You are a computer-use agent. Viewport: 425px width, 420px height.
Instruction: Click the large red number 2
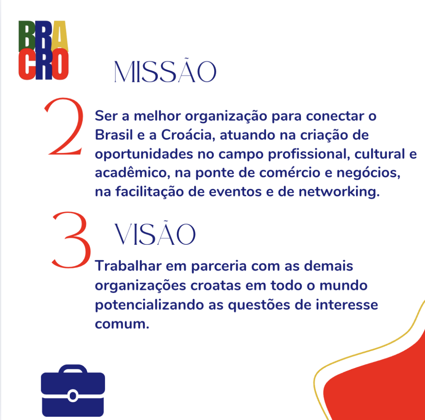click(x=64, y=126)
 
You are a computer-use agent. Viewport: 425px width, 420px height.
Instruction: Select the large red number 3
click(x=71, y=240)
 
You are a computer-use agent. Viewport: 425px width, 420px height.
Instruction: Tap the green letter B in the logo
click(x=27, y=36)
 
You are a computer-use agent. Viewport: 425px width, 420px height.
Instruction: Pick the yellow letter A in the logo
click(x=59, y=36)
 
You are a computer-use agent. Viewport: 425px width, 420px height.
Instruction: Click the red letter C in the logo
click(x=27, y=64)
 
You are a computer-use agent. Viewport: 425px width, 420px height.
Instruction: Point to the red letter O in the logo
click(x=60, y=64)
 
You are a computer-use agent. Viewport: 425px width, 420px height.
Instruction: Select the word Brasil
click(x=114, y=135)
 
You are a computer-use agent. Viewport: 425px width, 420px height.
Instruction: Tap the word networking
click(x=339, y=192)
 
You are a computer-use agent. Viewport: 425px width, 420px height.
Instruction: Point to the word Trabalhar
click(x=128, y=266)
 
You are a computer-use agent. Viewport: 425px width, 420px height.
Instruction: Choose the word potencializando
click(x=149, y=305)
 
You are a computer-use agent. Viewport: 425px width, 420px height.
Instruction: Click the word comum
click(x=122, y=324)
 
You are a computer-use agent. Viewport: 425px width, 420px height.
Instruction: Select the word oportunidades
click(x=144, y=154)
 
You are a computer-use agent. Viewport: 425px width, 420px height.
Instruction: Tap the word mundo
click(x=343, y=285)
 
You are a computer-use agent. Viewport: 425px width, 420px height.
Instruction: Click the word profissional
click(x=308, y=154)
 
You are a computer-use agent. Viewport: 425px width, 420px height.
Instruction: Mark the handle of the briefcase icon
click(x=73, y=369)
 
